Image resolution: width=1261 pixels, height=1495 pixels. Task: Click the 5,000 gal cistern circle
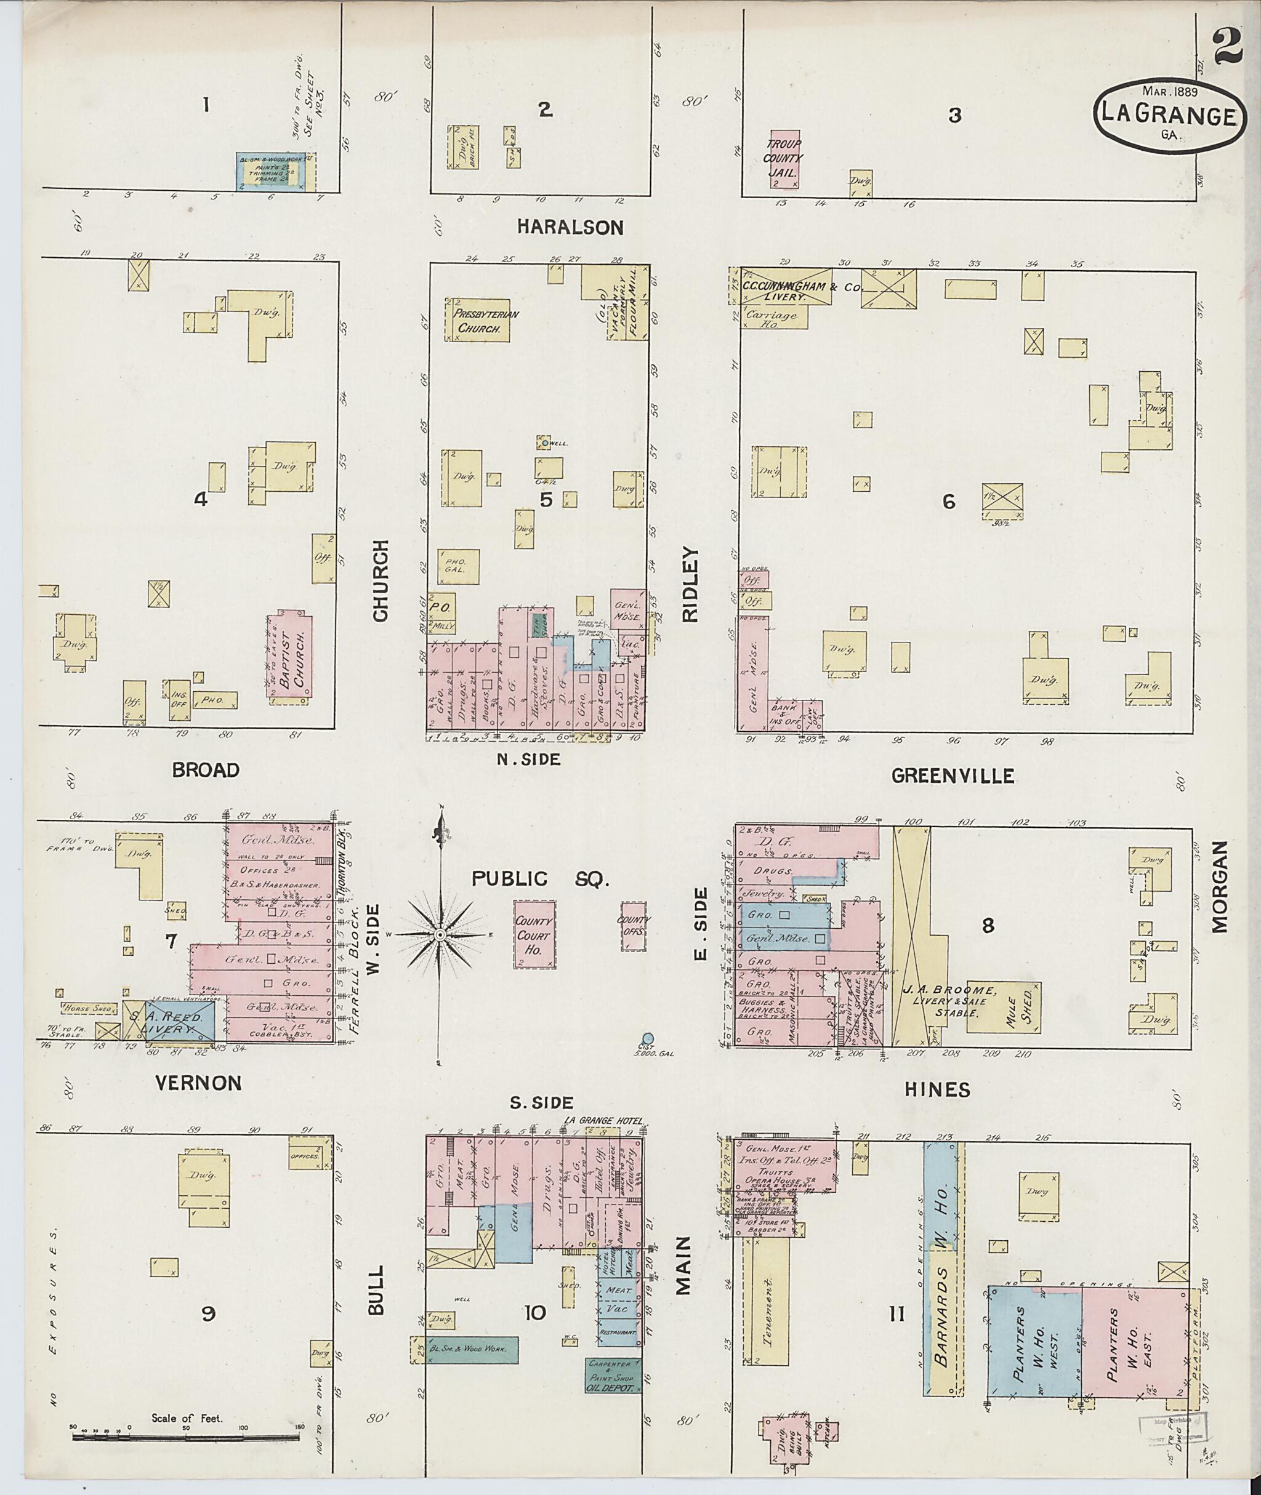pyautogui.click(x=648, y=1038)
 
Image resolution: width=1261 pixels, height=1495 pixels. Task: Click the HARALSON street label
pyautogui.click(x=570, y=227)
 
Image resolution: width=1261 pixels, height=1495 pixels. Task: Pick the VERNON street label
pyautogui.click(x=198, y=1083)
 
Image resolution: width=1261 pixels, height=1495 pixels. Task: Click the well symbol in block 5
pyautogui.click(x=545, y=443)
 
